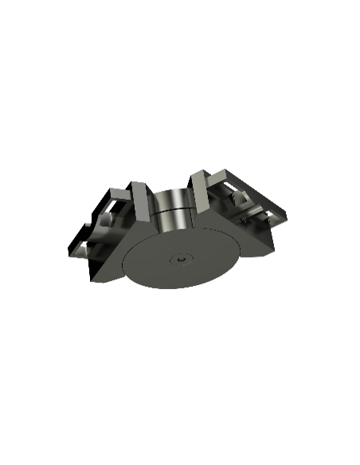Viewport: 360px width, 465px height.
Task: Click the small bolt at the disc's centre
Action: pos(183,259)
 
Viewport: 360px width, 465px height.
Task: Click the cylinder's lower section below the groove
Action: pos(173,220)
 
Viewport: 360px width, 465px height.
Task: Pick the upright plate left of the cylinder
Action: pos(139,201)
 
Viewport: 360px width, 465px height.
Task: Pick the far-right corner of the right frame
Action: pos(288,213)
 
